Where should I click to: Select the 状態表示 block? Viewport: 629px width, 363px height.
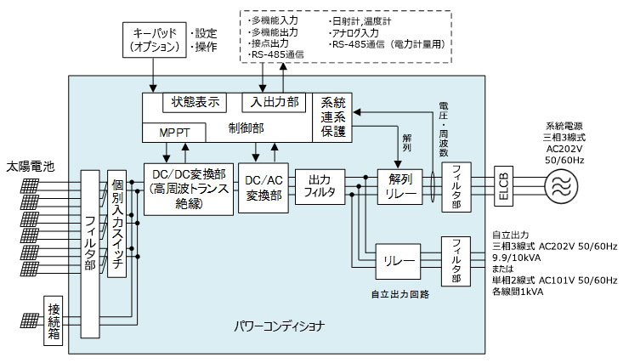(195, 102)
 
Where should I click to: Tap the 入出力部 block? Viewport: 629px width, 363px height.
(269, 102)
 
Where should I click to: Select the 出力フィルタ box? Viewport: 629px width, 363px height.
(319, 187)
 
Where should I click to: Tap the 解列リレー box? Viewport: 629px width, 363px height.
(399, 187)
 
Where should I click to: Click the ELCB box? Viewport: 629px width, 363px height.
(503, 186)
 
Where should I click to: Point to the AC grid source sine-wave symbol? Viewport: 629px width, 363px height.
(559, 186)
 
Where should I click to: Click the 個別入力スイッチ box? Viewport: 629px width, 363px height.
(117, 225)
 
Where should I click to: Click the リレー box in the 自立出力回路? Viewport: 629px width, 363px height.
(399, 260)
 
